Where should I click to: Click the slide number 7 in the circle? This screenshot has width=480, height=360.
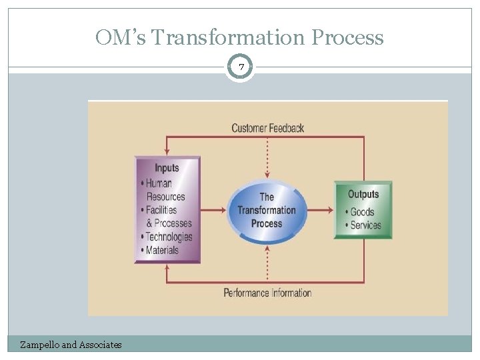(240, 67)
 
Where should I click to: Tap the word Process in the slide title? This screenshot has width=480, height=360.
(348, 37)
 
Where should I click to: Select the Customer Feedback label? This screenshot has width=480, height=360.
(267, 127)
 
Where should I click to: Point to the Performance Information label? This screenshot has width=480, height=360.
(267, 293)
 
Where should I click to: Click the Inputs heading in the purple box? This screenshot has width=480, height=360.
(167, 168)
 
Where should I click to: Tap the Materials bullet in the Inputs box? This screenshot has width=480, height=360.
(161, 250)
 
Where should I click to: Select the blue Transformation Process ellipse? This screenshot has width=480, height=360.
(267, 210)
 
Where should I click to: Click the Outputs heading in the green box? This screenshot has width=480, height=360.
(363, 194)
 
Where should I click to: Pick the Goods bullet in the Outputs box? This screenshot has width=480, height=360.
(362, 212)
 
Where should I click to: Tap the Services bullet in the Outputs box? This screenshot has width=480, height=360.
(365, 225)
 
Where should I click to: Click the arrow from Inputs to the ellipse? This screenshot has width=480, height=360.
(213, 210)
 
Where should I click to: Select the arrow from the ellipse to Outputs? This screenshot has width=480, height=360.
(320, 210)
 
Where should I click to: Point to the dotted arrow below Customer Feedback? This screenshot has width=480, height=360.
(267, 157)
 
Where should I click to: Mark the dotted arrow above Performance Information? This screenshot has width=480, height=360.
(267, 263)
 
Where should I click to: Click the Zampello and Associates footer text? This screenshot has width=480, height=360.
(71, 345)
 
